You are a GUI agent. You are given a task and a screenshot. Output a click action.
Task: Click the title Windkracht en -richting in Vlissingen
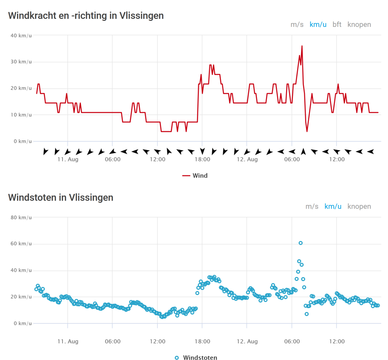[86, 16]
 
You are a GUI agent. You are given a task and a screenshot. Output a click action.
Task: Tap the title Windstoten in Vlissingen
[61, 197]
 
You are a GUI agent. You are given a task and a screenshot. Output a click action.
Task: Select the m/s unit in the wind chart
[297, 25]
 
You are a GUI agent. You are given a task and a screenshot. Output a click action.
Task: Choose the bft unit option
[337, 25]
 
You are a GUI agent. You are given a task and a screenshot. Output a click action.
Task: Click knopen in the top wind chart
[359, 25]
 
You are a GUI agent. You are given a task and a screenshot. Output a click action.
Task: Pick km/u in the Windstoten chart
[333, 207]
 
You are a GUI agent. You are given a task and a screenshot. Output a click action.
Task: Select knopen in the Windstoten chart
[359, 207]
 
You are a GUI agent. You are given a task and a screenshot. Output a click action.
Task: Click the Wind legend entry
[196, 175]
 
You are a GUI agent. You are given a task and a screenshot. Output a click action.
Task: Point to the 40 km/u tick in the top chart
[22, 35]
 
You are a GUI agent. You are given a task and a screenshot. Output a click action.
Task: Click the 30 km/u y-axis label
[22, 62]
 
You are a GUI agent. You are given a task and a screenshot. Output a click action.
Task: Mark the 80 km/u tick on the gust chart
[22, 218]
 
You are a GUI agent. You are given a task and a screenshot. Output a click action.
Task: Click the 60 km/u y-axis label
[22, 244]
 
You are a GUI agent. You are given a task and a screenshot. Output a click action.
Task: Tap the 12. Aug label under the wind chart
[247, 160]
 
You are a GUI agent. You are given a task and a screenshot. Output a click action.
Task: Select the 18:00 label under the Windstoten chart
[202, 341]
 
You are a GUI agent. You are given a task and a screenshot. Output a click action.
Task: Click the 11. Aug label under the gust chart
[68, 341]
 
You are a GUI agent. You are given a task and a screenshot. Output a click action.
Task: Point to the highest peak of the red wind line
[302, 46]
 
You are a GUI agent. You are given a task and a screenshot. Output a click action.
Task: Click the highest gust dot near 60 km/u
[300, 243]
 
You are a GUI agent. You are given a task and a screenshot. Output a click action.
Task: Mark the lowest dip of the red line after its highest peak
[307, 131]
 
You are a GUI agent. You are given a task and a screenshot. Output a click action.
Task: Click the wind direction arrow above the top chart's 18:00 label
[202, 151]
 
